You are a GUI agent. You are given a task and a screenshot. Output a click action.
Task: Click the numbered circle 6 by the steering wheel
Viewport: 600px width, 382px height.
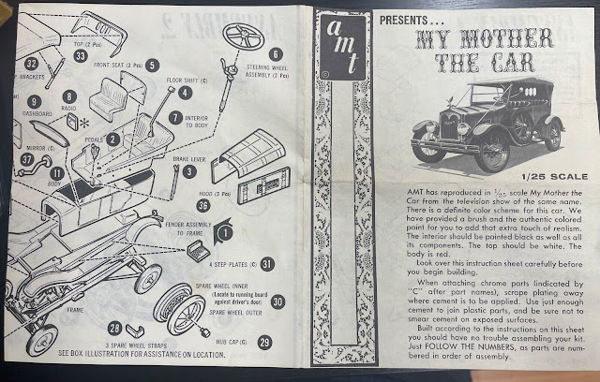[276, 54]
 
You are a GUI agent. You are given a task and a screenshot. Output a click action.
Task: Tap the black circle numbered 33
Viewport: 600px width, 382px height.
[82, 56]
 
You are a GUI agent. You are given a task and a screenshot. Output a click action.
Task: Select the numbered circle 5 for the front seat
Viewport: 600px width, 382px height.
[152, 66]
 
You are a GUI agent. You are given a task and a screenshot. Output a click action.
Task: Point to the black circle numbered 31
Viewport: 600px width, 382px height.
[266, 265]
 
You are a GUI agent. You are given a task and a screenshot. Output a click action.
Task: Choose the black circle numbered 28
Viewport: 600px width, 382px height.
[116, 329]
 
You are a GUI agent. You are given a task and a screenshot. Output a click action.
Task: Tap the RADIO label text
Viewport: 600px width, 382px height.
[69, 109]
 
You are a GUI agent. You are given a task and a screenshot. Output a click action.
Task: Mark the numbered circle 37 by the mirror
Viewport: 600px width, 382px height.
[25, 159]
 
